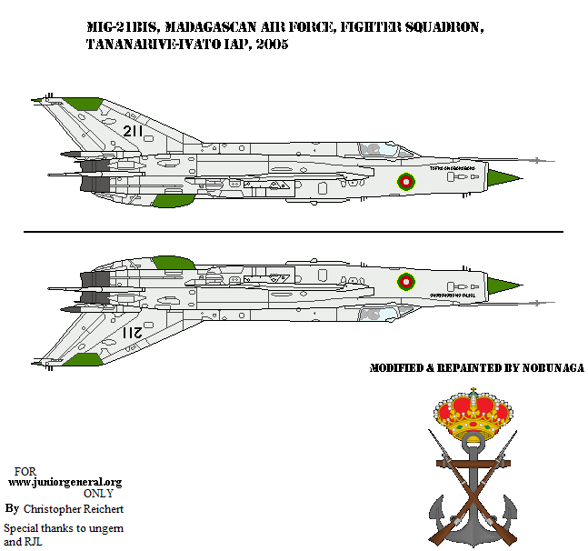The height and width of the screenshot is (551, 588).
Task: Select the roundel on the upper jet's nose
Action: click(x=405, y=181)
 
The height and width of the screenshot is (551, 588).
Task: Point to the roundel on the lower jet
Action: click(x=405, y=282)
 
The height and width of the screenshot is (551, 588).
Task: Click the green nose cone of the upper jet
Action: click(x=503, y=175)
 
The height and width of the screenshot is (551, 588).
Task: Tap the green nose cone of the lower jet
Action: click(x=503, y=288)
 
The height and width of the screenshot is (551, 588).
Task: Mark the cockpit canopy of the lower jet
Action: click(x=373, y=315)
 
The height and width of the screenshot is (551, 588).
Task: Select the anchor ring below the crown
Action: click(x=473, y=443)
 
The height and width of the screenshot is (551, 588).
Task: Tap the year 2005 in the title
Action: click(x=272, y=45)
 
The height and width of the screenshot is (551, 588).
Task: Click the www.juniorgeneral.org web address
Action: click(x=65, y=482)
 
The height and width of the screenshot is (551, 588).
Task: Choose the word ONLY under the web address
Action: click(x=99, y=493)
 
